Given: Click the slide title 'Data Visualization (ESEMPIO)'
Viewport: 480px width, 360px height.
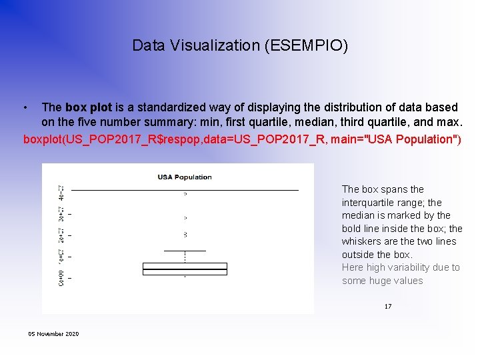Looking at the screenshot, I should point(240,45).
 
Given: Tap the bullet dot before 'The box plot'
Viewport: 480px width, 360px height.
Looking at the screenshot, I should point(25,107).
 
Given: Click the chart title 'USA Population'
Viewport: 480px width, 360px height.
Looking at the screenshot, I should point(185,177).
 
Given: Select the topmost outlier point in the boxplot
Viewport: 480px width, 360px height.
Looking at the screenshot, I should point(185,194).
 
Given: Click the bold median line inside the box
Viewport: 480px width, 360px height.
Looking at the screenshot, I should point(185,269).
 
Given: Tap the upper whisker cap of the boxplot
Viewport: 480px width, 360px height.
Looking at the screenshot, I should point(185,251).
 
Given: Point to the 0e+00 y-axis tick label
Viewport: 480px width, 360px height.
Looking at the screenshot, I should point(61,277).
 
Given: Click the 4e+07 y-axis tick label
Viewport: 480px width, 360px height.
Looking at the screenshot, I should point(61,191).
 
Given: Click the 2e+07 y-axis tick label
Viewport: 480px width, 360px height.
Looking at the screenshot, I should point(61,235).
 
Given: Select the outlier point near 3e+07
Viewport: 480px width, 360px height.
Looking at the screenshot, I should point(185,218).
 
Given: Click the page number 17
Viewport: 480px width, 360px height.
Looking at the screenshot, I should point(387,307).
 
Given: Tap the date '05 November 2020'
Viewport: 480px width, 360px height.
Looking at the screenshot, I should point(53,333).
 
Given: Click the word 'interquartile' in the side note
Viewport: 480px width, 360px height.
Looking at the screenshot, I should point(367,203).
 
